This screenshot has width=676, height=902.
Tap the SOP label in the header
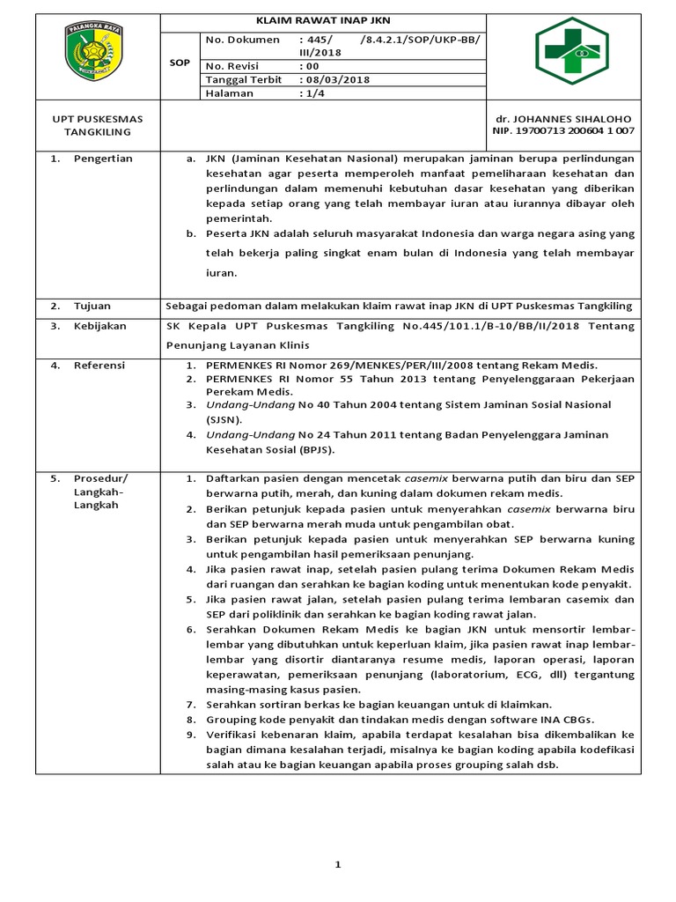pos(179,63)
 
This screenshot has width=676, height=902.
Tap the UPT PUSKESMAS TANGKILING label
pos(98,125)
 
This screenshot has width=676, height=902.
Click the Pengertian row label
pos(103,159)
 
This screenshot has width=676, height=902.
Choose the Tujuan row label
pos(92,306)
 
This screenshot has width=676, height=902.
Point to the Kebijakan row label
pos(99,326)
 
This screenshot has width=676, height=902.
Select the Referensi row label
pos(99,365)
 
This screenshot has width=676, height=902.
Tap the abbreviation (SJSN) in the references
pos(224,420)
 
